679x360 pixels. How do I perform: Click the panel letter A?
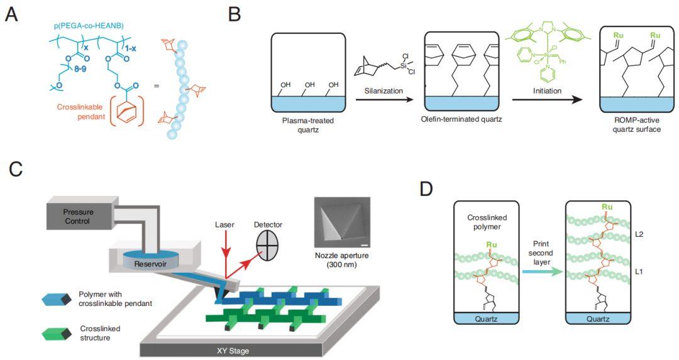[11, 14]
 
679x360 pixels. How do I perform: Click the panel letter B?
[234, 14]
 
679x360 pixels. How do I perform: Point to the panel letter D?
[426, 188]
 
